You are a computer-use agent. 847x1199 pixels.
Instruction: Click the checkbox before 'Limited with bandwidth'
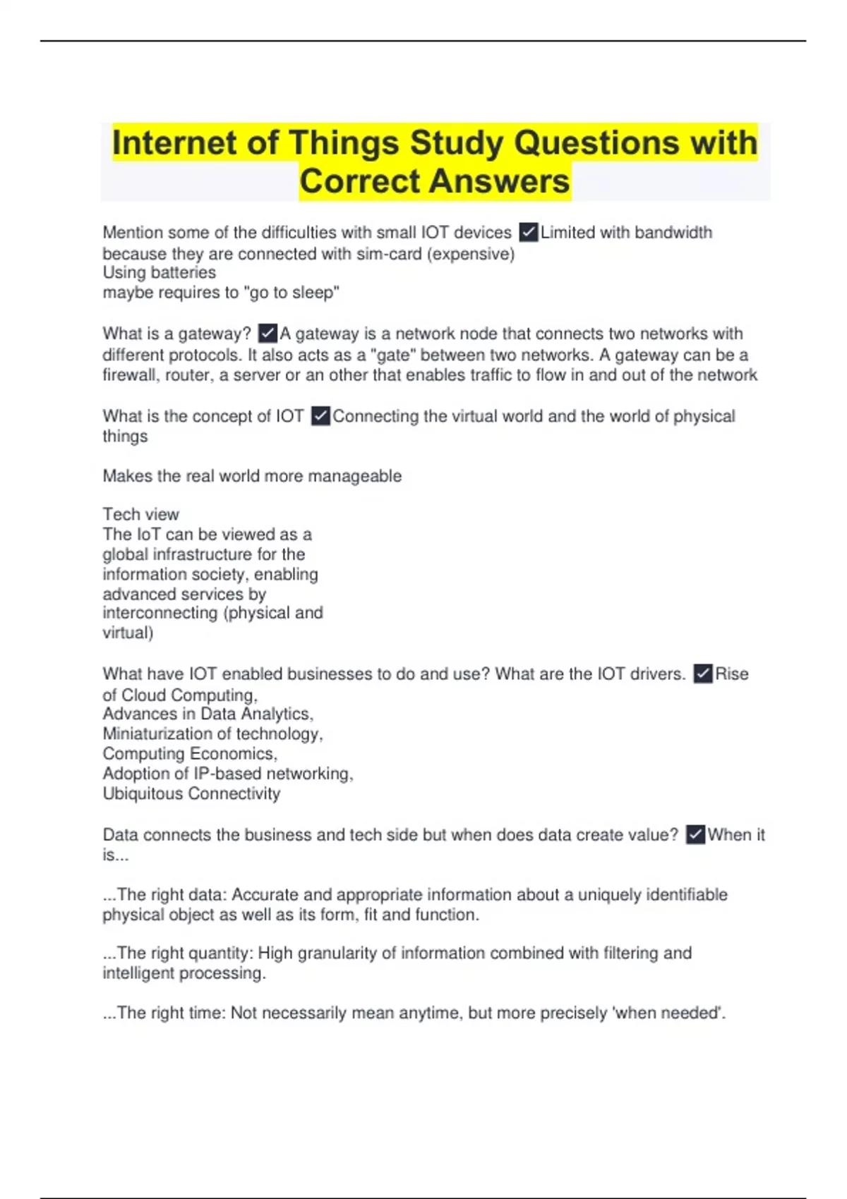[528, 232]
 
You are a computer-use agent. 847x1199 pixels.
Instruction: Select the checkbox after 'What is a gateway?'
[268, 333]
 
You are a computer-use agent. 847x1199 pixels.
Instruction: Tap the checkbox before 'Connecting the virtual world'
[320, 416]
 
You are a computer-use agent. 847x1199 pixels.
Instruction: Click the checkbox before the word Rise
[702, 674]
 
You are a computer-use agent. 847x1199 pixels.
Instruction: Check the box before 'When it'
[695, 834]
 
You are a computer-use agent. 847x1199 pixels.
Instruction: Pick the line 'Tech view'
[141, 514]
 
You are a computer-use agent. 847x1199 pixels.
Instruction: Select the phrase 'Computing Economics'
[189, 754]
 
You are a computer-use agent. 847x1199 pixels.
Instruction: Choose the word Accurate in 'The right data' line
[267, 895]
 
